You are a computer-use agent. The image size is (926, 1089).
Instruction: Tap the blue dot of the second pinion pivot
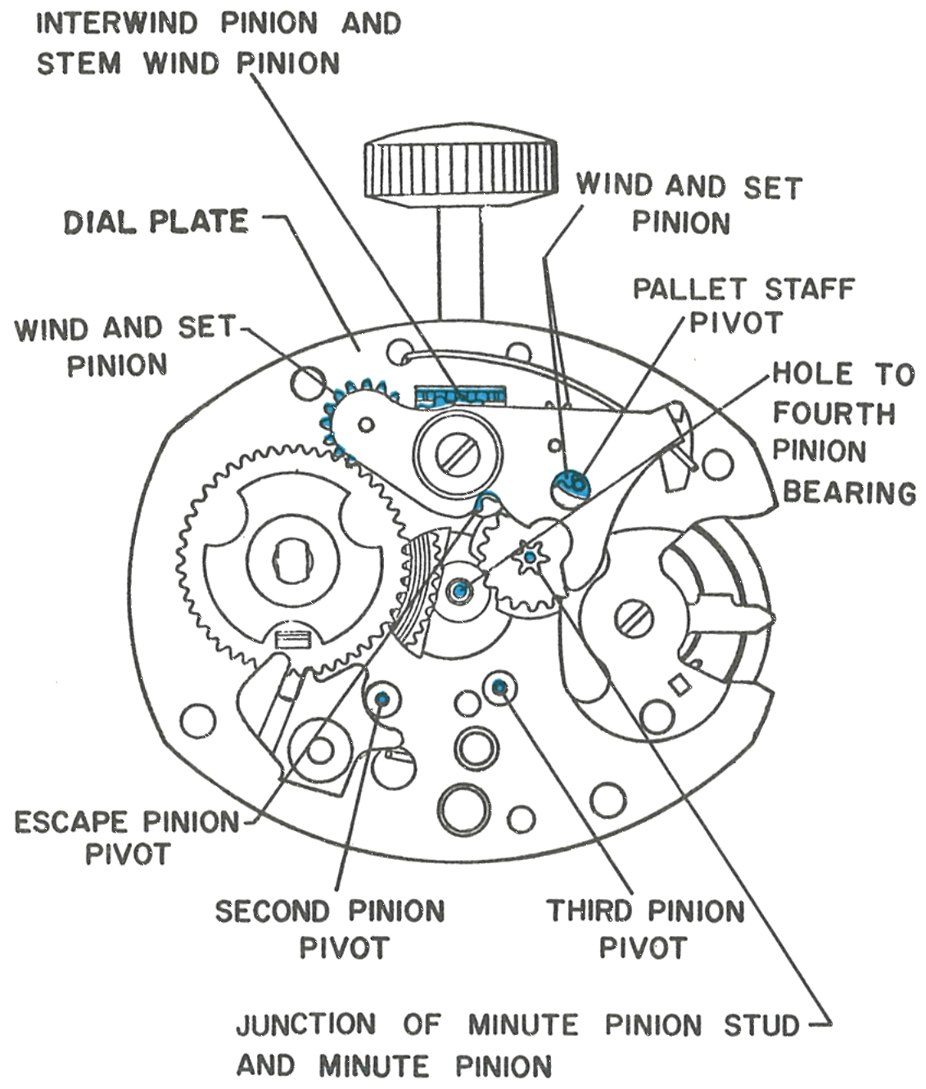(x=382, y=699)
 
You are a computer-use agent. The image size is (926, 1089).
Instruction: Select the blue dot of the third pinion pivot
(x=499, y=686)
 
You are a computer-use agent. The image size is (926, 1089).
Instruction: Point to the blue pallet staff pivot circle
(x=571, y=482)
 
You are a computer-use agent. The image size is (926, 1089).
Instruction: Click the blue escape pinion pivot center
(x=460, y=591)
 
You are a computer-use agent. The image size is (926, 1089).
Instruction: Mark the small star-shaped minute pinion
(x=530, y=556)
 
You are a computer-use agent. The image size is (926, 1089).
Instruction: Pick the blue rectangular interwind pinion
(x=460, y=396)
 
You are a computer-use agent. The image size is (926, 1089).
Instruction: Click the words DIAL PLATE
(x=156, y=222)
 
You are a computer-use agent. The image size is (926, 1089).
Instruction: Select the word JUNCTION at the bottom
(x=306, y=1024)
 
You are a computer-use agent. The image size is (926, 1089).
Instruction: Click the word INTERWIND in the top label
(x=117, y=23)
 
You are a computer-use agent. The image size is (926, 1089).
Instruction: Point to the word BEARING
(x=849, y=493)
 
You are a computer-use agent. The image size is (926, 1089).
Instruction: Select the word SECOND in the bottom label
(x=272, y=911)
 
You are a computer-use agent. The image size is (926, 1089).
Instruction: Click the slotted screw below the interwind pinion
(x=458, y=453)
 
